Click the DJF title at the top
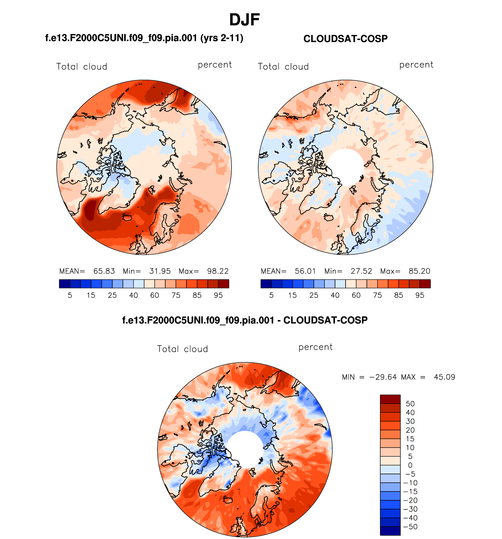coord(244,20)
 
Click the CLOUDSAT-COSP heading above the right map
coord(345,39)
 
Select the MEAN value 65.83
coord(104,271)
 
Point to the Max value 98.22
coord(218,271)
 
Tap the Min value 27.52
coord(361,271)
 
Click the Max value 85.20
coord(419,271)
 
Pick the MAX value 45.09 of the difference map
coord(444,377)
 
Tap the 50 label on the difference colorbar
coord(410,404)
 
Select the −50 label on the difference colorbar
coord(410,527)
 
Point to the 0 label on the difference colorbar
coord(410,465)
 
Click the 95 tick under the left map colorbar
coord(218,295)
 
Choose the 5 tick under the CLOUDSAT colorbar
coord(271,295)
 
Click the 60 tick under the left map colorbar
coord(154,295)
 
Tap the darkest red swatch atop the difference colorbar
coord(390,399)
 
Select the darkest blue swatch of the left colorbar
coord(64,284)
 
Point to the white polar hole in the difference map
coord(245,449)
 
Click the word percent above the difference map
coord(315,347)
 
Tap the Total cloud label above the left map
coord(82,67)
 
